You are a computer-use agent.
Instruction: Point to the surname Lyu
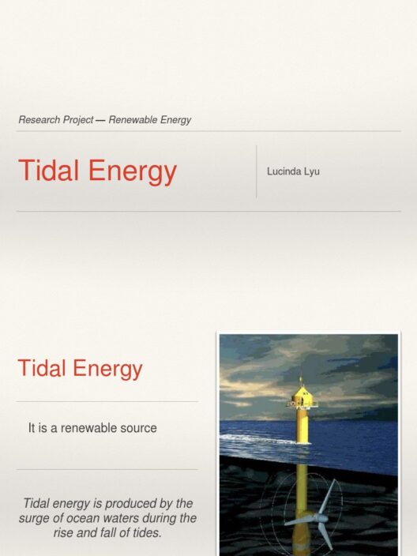coord(312,172)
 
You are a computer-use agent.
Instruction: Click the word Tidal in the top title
coord(49,171)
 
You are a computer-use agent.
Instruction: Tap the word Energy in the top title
coord(132,172)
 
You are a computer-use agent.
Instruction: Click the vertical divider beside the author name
coord(257,171)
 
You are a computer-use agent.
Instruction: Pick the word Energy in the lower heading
coord(107,370)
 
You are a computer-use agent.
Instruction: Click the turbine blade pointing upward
coord(328,497)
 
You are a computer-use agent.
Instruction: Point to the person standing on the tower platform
coord(302,402)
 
